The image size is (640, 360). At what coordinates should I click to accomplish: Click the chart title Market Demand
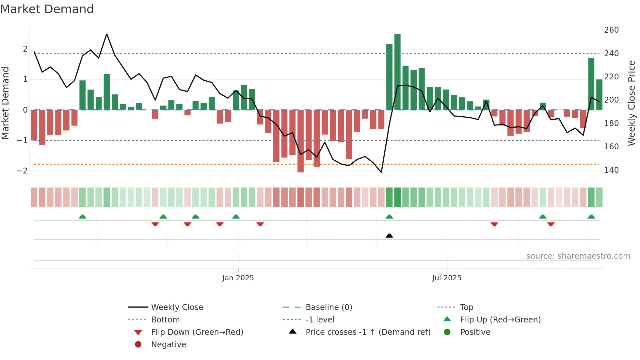pos(47,9)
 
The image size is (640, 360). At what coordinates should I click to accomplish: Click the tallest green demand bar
pos(397,72)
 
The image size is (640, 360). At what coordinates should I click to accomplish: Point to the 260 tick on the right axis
pos(611,30)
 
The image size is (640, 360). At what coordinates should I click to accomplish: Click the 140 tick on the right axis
pos(611,170)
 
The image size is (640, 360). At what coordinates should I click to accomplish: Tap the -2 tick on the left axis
pos(23,171)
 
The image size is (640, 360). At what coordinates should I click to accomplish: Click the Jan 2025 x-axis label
pos(238,278)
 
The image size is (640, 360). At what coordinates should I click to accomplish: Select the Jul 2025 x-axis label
pos(447,278)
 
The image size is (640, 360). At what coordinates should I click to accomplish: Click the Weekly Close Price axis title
pos(632,103)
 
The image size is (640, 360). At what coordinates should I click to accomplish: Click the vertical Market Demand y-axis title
pos(6,103)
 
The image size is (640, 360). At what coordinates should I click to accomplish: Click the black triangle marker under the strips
pos(389,236)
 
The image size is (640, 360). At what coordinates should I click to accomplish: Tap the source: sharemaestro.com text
pos(578,256)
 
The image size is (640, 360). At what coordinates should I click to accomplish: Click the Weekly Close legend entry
pos(177,307)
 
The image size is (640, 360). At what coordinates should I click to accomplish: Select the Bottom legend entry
pos(165,320)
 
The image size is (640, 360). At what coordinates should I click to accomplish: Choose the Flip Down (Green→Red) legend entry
pos(197,332)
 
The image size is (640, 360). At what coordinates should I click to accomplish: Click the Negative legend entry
pos(168,345)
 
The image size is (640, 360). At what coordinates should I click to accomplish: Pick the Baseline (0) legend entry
pos(328,307)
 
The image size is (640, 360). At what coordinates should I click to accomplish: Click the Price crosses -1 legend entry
pos(368,332)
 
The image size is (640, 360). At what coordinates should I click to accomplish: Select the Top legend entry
pos(466,307)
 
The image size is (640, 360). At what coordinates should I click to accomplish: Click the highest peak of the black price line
pos(107,34)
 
